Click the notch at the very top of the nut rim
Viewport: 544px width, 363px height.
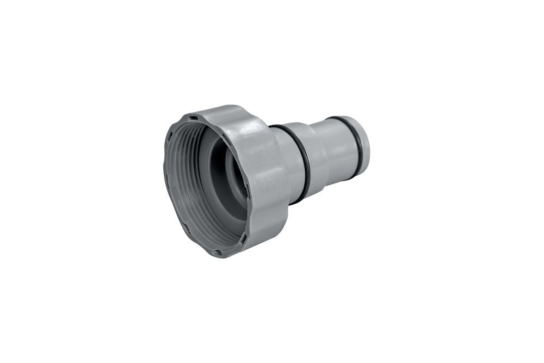(191, 116)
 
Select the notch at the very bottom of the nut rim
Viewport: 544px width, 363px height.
(217, 252)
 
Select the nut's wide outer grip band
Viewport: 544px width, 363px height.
(267, 180)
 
